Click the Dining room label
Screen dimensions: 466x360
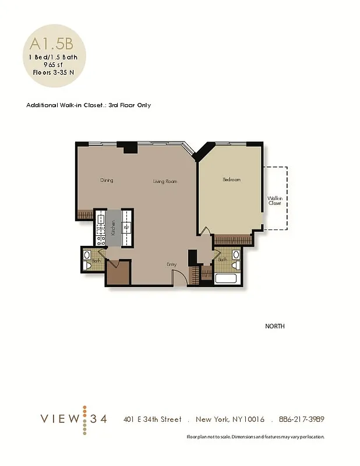107,181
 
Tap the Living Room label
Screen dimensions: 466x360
165,182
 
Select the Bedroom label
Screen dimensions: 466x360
231,180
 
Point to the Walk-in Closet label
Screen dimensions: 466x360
274,201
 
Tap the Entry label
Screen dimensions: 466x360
171,264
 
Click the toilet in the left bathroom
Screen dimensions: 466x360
87,265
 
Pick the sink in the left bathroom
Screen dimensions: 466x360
87,255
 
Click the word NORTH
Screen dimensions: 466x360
275,326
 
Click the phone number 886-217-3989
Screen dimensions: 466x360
302,419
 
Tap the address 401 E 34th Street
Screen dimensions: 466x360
152,419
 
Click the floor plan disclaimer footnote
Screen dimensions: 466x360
255,437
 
